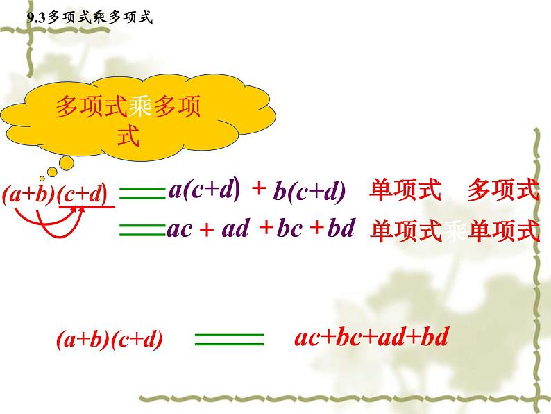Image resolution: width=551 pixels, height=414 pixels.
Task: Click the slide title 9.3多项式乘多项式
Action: click(88, 19)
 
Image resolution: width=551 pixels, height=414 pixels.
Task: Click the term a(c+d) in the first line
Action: click(204, 190)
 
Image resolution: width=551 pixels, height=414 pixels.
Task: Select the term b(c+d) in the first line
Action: click(310, 193)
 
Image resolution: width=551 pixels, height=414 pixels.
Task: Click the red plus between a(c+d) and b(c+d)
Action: click(258, 189)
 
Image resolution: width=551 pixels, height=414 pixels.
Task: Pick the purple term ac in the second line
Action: click(180, 229)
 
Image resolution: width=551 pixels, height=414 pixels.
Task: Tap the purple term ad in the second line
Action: click(235, 229)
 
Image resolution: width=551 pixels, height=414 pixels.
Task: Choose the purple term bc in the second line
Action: click(288, 229)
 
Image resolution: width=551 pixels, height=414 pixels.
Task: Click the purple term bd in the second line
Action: click(341, 229)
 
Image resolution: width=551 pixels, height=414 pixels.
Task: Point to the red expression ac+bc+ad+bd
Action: click(372, 338)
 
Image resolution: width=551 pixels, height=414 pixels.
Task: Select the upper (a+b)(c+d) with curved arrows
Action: click(55, 196)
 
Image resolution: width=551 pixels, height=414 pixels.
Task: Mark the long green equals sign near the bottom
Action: click(230, 339)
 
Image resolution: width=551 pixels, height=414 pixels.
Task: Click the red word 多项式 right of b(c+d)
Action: click(502, 190)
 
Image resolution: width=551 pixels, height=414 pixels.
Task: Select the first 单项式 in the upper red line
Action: click(405, 190)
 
